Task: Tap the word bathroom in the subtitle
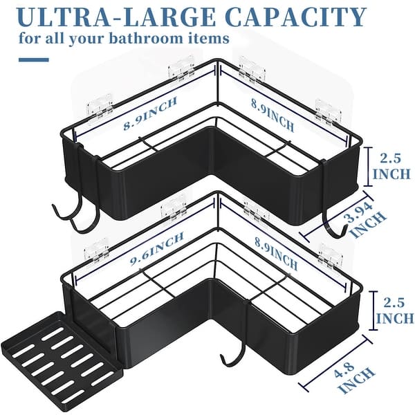click(x=145, y=38)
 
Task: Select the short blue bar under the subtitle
click(x=34, y=59)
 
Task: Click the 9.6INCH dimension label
click(x=157, y=248)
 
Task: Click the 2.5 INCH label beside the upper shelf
click(x=391, y=167)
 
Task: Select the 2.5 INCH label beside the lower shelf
click(x=394, y=311)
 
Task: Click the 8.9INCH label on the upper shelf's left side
click(x=150, y=114)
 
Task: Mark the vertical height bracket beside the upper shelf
click(x=368, y=167)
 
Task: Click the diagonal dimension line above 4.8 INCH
click(x=335, y=363)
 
